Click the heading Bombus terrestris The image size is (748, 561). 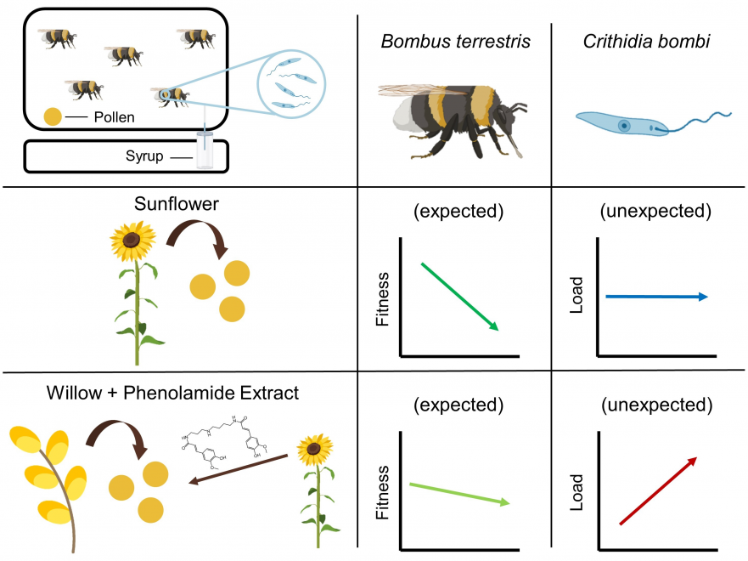(456, 42)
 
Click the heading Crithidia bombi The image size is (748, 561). (646, 42)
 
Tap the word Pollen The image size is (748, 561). (114, 117)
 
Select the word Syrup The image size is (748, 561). (144, 156)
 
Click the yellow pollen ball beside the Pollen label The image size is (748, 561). (53, 116)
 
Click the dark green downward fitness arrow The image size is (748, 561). (459, 296)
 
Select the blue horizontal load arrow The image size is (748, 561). (656, 297)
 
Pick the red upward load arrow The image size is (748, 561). (658, 490)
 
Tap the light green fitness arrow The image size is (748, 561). (459, 494)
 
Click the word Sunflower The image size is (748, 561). (177, 204)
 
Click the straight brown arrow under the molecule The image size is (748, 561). (239, 469)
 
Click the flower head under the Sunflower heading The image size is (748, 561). (132, 241)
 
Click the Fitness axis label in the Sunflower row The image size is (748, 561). (383, 299)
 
